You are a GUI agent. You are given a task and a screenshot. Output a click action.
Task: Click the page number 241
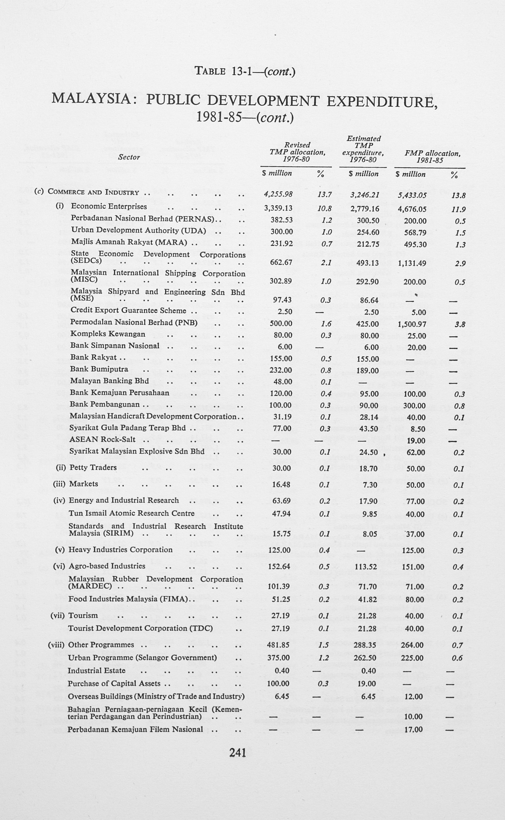click(238, 752)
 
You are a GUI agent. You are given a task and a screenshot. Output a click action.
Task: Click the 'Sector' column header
click(129, 157)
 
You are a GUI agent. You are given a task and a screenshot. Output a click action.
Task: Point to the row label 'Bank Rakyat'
click(94, 357)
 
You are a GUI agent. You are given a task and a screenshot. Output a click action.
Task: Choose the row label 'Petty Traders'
click(93, 468)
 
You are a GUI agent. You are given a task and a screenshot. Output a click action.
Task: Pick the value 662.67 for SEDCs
click(281, 262)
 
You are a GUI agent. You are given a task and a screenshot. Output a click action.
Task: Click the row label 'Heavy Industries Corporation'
click(121, 549)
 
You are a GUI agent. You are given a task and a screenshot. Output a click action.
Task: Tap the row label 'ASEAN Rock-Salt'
click(102, 439)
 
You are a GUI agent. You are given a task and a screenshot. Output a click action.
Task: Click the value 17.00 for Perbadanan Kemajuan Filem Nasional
click(414, 730)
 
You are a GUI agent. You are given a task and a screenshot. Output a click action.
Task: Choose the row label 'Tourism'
click(83, 615)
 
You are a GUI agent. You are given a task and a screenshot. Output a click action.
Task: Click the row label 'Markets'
click(84, 484)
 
